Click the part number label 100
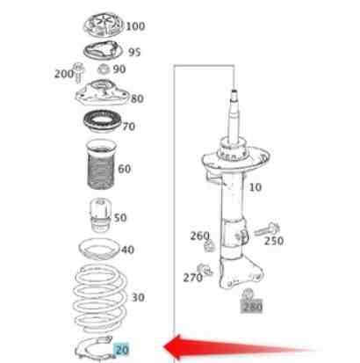135,26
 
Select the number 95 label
134,52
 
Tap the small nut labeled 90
104,69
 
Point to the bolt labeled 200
78,72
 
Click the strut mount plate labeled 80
102,93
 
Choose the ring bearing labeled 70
102,121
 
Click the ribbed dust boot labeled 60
101,164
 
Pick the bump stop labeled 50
100,215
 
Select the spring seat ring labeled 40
100,250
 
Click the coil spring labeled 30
100,298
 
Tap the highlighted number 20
122,350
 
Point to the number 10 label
256,187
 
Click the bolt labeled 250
267,229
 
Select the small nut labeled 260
209,246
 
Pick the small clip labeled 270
205,270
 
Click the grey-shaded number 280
252,307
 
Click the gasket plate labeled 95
102,50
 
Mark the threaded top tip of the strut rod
234,93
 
